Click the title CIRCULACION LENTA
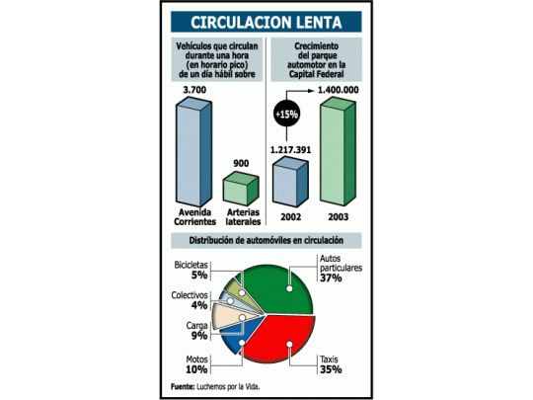point(266,23)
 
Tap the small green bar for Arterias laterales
point(239,189)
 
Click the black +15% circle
point(287,115)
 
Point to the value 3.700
point(195,90)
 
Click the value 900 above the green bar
point(241,162)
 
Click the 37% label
point(331,279)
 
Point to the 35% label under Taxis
point(331,369)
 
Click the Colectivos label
point(188,293)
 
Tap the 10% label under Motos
point(196,369)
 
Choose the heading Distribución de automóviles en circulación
point(266,240)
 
